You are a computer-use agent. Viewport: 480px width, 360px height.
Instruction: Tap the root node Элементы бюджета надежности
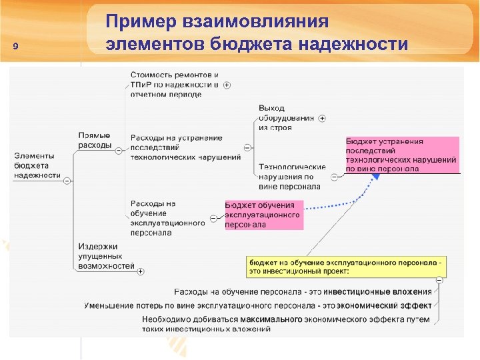pos(37,165)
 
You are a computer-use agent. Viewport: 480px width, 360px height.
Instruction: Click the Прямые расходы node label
pos(94,141)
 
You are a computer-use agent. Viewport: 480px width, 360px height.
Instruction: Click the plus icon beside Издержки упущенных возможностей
pos(141,271)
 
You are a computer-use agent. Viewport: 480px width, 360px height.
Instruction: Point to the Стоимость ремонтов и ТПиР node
pos(174,85)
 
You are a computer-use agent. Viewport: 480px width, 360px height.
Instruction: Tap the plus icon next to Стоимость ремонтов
pos(227,85)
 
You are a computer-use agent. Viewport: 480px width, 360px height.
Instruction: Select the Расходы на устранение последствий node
pos(185,147)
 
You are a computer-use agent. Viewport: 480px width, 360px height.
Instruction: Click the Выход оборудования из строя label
pos(285,117)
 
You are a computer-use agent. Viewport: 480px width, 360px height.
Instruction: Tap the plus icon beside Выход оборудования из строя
pos(322,118)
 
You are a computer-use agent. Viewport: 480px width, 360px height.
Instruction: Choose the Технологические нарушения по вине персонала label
pos(291,177)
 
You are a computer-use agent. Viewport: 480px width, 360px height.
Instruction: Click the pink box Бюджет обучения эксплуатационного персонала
pos(263,215)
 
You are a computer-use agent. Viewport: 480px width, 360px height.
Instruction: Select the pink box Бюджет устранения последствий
pos(401,155)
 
